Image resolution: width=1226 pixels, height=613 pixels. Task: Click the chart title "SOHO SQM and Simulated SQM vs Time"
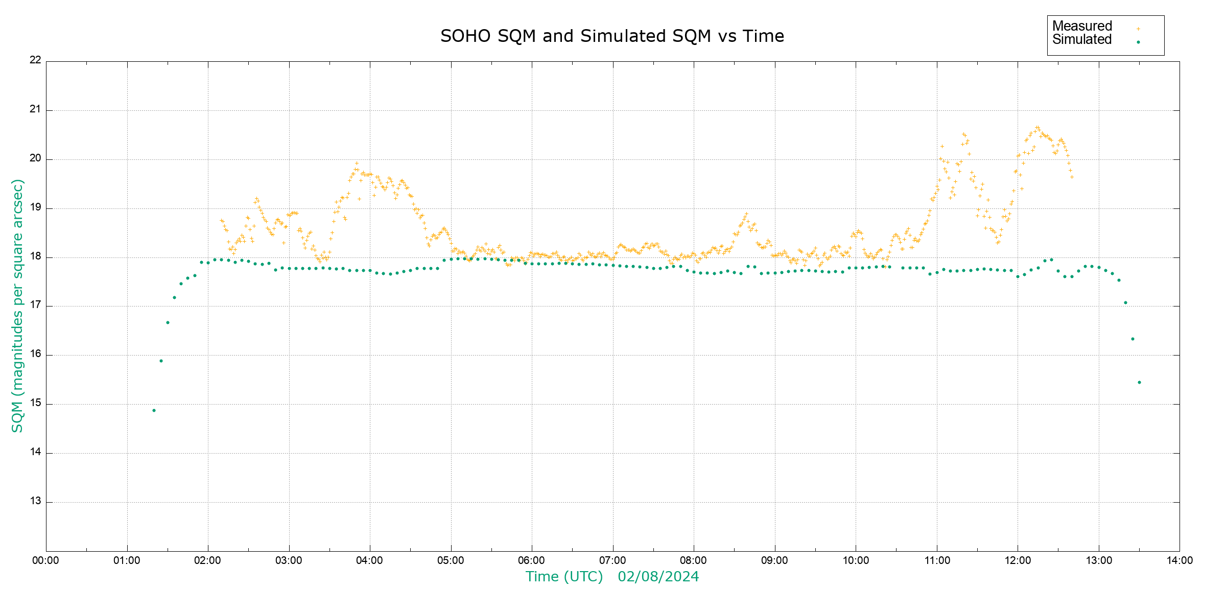[x=612, y=36]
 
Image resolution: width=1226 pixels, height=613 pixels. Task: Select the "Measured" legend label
[x=1082, y=26]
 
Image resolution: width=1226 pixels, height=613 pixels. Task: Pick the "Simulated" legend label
[x=1082, y=40]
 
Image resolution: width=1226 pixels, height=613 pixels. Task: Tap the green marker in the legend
[x=1138, y=42]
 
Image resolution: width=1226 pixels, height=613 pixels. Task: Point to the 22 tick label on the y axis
[x=35, y=60]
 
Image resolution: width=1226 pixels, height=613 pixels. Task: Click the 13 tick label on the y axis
[x=35, y=501]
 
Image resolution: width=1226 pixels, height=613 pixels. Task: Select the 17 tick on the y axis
[x=35, y=305]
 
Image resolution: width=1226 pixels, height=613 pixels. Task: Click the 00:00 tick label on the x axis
[x=46, y=560]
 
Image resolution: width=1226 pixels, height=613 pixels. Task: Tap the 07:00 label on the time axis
[x=613, y=560]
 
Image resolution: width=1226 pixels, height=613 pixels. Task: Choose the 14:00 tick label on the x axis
[x=1180, y=560]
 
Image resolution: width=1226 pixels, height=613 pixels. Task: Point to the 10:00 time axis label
[x=856, y=560]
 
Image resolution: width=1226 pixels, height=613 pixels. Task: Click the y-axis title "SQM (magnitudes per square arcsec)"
[x=17, y=305]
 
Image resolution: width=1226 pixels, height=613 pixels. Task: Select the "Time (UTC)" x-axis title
[x=564, y=577]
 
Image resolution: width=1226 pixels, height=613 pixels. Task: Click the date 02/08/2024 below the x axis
[x=658, y=577]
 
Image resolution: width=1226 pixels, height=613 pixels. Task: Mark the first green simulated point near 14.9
[x=154, y=410]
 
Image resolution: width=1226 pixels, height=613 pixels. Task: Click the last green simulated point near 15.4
[x=1139, y=382]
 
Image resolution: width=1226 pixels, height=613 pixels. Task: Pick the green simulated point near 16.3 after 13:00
[x=1133, y=339]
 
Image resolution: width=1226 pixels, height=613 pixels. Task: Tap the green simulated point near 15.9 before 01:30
[x=161, y=361]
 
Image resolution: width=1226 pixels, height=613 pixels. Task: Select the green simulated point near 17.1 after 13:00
[x=1125, y=302]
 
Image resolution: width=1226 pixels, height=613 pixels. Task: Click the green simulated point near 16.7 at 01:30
[x=168, y=322]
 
